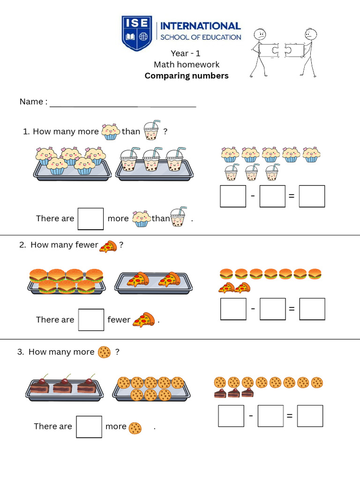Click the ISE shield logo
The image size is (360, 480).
137,33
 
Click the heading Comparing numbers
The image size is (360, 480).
187,76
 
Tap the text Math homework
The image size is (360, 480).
187,65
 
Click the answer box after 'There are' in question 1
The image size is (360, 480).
90,219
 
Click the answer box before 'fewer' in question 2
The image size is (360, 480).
91,320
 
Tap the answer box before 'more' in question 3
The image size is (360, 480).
89,427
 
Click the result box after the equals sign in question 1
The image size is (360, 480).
312,196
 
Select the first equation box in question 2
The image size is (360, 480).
233,309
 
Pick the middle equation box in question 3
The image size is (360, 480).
270,416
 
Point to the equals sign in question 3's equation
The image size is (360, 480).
290,416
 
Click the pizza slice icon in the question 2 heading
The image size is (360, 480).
108,246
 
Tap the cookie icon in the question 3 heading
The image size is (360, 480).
104,352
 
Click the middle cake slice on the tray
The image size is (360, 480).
62,385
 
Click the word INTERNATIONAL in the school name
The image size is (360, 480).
200,26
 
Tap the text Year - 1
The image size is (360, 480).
186,53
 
